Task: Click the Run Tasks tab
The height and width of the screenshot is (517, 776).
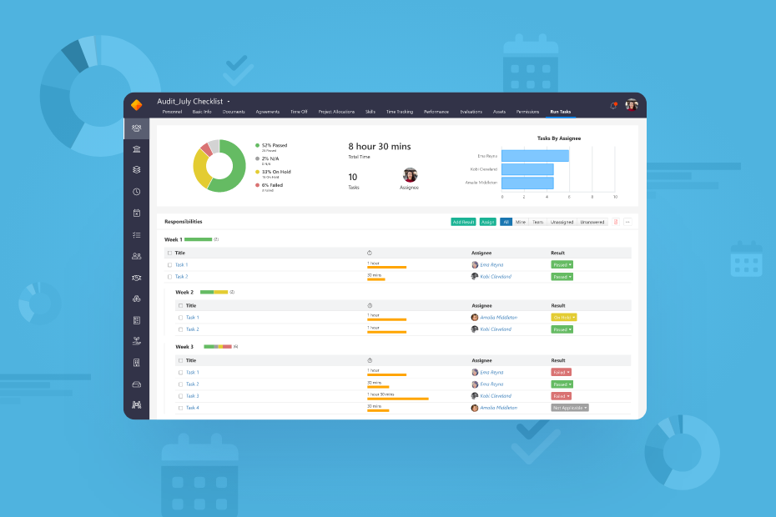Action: click(x=560, y=111)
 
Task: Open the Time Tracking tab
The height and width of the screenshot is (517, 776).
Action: click(x=399, y=111)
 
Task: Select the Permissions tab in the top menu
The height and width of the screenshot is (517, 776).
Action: click(x=527, y=111)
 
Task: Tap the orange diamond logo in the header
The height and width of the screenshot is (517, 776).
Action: click(x=137, y=104)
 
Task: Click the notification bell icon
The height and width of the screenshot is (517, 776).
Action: click(x=613, y=105)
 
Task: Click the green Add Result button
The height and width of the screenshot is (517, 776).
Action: click(x=463, y=222)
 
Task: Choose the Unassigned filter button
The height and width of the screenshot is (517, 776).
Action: click(x=562, y=222)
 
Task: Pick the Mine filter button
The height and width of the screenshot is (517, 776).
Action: click(x=521, y=222)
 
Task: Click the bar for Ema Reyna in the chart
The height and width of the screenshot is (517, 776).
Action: click(x=535, y=156)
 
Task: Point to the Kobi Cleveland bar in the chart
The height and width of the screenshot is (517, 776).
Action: click(x=527, y=169)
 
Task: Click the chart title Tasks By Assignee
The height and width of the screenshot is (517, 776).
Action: click(x=558, y=138)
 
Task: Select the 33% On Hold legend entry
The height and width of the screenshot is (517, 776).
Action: click(x=275, y=172)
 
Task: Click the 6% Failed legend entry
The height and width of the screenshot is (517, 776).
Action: click(x=272, y=185)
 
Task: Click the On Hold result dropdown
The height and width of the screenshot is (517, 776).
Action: click(x=564, y=317)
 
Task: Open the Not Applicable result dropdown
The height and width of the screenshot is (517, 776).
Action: click(x=570, y=408)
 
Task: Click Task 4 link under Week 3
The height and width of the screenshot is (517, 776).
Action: click(x=192, y=408)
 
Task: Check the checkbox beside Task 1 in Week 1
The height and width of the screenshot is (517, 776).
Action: click(x=169, y=264)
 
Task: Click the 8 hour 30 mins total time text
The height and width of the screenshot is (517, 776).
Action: click(x=379, y=147)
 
